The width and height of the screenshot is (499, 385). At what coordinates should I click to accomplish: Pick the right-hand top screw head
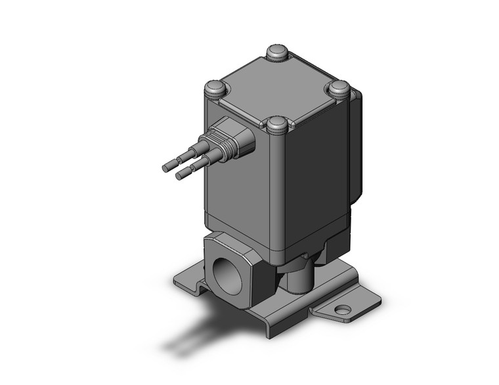(339, 88)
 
